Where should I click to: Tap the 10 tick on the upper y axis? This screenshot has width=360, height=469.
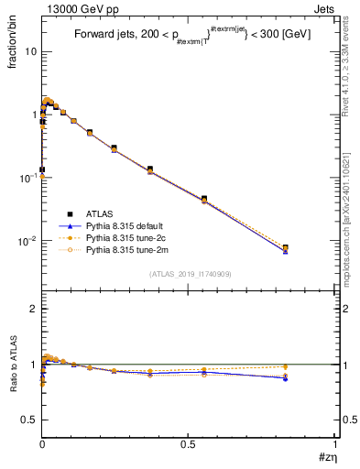pos(31,51)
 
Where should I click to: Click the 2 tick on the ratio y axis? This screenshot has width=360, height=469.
pos(34,310)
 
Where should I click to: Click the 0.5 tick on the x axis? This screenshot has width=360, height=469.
pos(188,444)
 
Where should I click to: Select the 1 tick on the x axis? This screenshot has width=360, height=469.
pos(335,444)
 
